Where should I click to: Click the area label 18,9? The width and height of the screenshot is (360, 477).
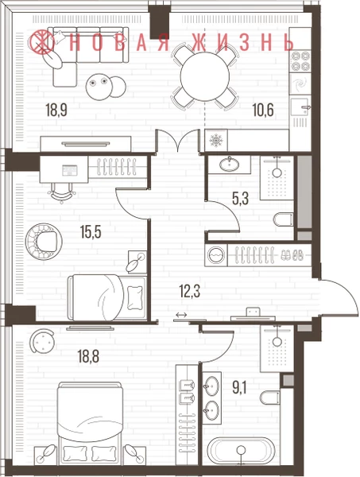coord(56,110)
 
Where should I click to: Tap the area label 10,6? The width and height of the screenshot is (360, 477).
coord(263,110)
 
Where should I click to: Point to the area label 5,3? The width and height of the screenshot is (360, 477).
coord(240,199)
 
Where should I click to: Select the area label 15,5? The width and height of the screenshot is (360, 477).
coord(91,232)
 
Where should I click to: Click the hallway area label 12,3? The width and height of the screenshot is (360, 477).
coord(190,292)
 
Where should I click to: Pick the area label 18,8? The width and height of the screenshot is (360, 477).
coord(88,356)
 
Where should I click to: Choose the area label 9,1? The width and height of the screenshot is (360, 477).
coord(239,388)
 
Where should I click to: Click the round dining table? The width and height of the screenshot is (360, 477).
coord(204,76)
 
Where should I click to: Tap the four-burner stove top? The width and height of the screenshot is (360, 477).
coord(300,61)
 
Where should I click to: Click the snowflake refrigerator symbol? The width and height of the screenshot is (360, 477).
coord(216,141)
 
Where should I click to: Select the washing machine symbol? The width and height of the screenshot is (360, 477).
coord(215,254)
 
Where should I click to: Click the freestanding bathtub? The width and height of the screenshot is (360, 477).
coord(241,451)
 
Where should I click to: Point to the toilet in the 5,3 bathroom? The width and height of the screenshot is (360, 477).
coord(284,219)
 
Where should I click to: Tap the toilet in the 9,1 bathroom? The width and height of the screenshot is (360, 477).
coord(271,397)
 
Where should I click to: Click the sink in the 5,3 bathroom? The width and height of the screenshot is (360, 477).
coord(229,165)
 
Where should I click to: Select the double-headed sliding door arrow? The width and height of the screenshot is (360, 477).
coord(181,315)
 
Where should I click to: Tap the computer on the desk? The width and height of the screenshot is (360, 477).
coord(70,170)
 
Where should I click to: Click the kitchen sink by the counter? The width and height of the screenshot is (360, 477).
coord(300,107)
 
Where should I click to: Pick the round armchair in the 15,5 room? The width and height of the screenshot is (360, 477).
coord(44,242)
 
